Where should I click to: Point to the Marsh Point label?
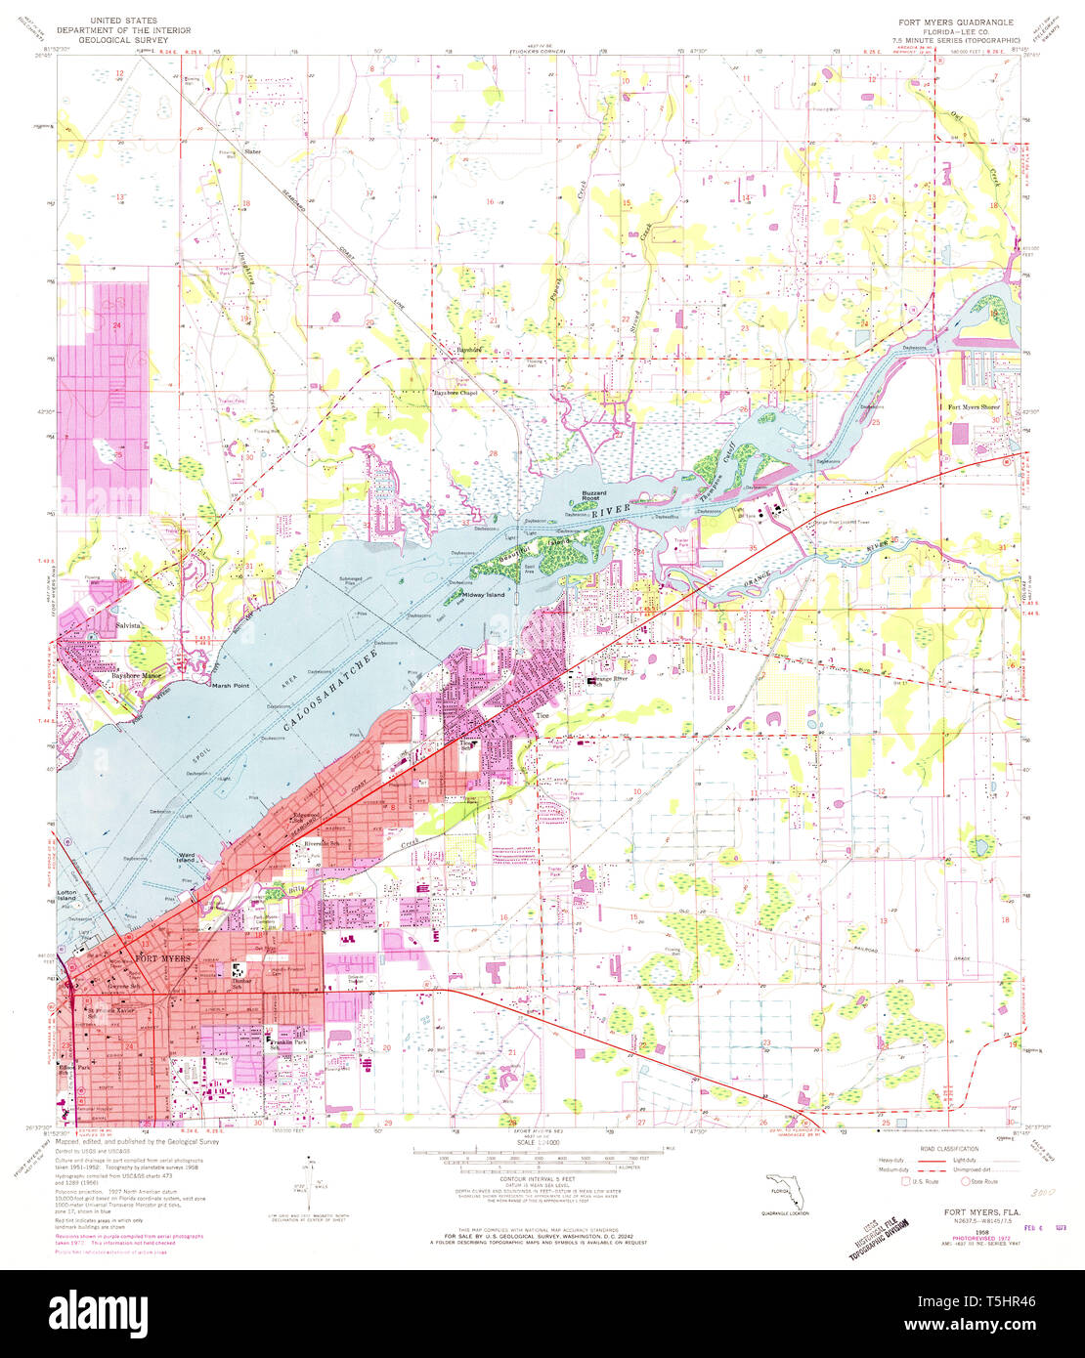click(x=230, y=686)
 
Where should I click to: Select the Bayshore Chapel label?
click(x=459, y=394)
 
